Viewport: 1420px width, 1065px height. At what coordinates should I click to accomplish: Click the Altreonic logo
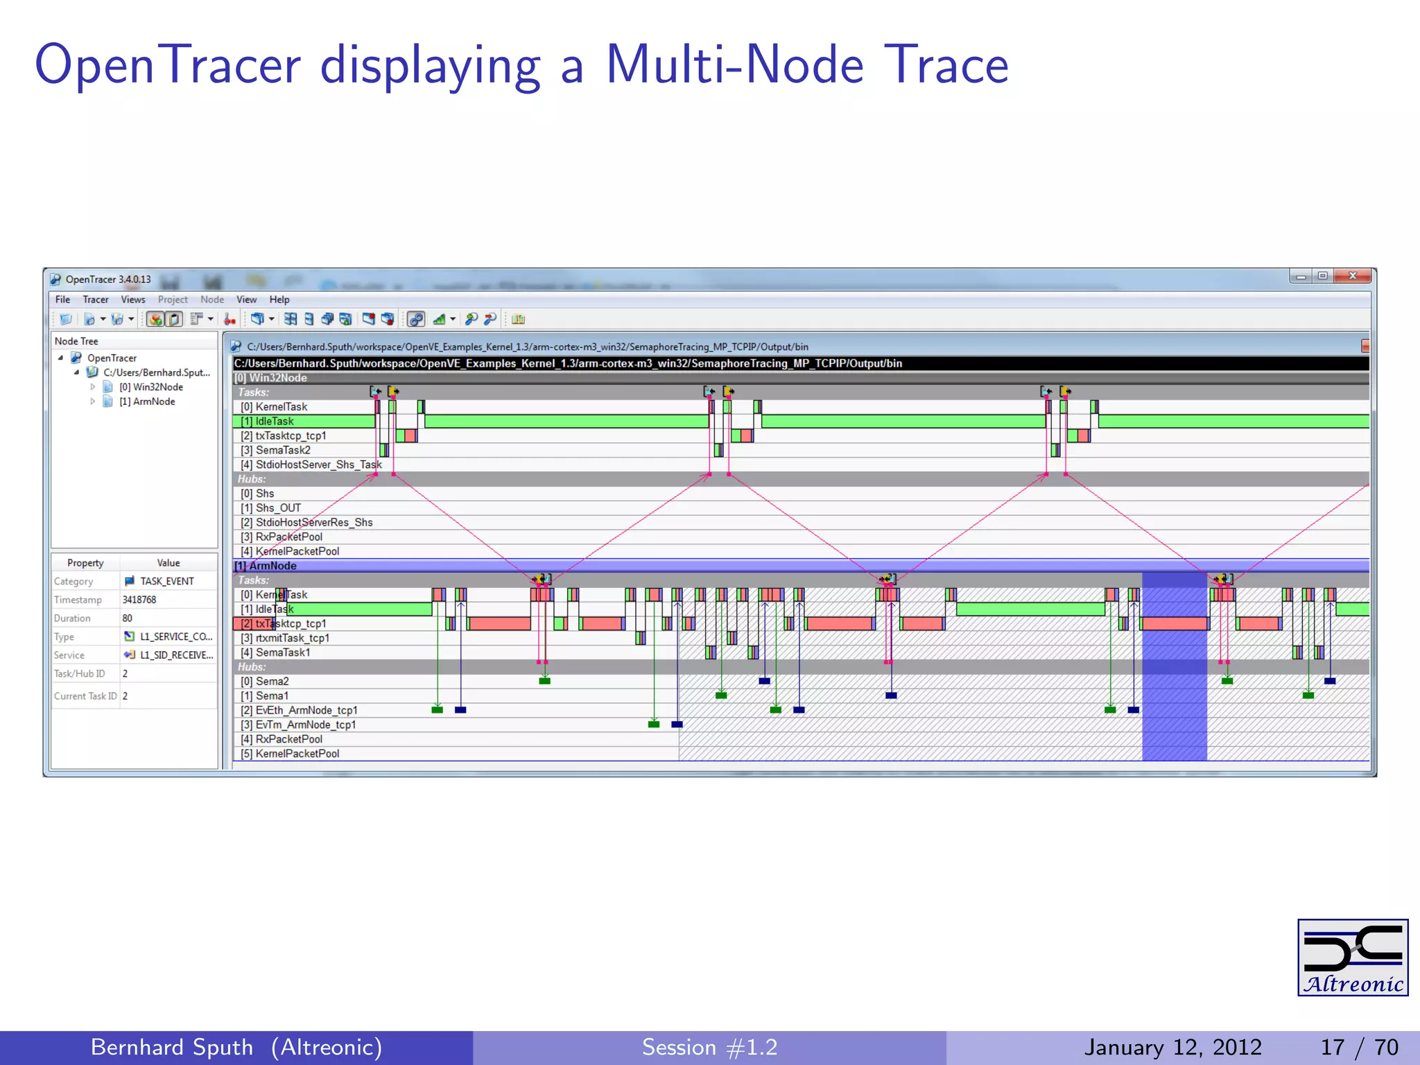(x=1352, y=957)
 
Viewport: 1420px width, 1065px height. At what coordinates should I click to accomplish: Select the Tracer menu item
(x=96, y=300)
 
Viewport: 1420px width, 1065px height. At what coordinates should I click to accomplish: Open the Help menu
(x=279, y=300)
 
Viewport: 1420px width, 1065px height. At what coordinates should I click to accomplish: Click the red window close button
(x=1353, y=276)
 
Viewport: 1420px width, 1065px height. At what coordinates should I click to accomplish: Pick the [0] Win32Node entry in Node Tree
(x=151, y=387)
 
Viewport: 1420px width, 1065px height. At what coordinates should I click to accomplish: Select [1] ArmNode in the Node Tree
(x=147, y=401)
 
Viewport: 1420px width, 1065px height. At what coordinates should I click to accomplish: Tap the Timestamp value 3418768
(x=139, y=600)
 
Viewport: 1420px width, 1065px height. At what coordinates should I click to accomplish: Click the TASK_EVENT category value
(x=166, y=581)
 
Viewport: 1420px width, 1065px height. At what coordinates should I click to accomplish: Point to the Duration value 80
(x=128, y=618)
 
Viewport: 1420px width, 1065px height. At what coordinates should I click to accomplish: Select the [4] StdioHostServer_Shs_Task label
(x=311, y=465)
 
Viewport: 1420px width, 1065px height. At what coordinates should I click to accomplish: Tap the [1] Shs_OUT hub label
(x=271, y=508)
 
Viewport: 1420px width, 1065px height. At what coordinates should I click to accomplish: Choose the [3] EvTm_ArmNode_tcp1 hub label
(x=299, y=725)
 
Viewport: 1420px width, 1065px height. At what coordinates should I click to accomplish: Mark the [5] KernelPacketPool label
(x=291, y=754)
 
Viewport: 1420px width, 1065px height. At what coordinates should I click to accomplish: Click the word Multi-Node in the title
(x=735, y=64)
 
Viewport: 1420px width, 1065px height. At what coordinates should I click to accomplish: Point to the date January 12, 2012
(x=1172, y=1047)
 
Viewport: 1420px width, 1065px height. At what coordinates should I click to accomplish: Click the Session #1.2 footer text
(x=709, y=1047)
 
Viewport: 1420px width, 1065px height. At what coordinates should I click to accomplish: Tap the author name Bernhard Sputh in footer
(x=172, y=1047)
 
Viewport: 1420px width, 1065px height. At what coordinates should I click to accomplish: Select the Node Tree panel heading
(x=76, y=341)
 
